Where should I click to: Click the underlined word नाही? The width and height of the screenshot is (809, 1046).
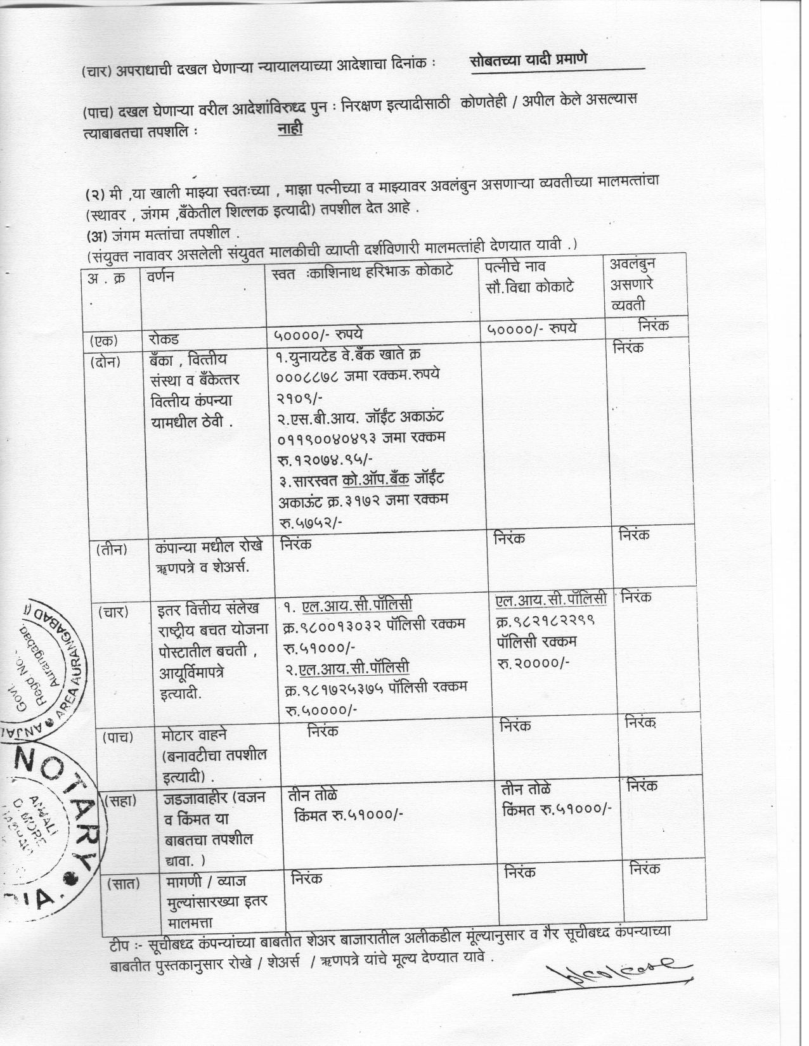click(x=290, y=129)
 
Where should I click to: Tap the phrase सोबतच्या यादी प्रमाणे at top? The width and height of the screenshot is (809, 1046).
click(x=529, y=60)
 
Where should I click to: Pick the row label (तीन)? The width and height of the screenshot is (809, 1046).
click(x=112, y=549)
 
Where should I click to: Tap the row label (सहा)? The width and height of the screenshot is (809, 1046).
click(x=121, y=800)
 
